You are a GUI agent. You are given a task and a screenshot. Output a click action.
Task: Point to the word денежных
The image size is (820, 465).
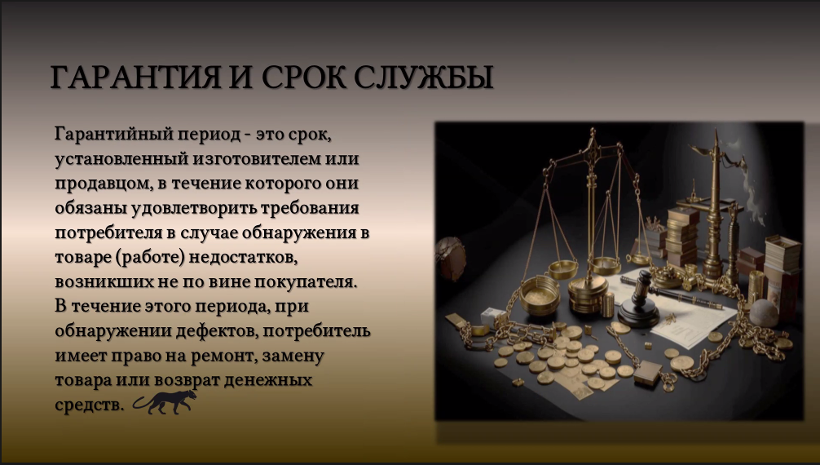tap(276, 382)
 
